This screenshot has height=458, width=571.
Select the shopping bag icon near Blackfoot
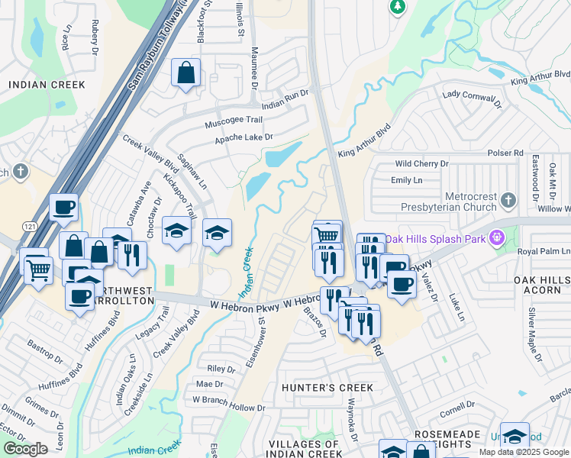click(185, 74)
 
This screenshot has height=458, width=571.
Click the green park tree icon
click(397, 7)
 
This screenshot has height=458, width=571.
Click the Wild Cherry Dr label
click(421, 164)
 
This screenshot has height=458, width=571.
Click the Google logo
click(25, 449)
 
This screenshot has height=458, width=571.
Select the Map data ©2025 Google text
click(524, 452)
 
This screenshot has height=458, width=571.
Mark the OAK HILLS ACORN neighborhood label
click(541, 285)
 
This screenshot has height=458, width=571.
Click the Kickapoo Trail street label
click(174, 195)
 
